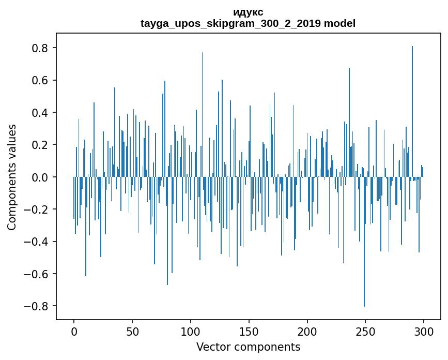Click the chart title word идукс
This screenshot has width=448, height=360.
click(248, 12)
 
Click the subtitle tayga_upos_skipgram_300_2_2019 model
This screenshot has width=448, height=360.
click(248, 23)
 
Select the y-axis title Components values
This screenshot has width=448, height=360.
click(12, 177)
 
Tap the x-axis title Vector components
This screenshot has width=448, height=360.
click(248, 347)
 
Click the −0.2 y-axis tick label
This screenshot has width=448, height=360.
click(38, 209)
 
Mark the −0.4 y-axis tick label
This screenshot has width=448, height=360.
click(38, 242)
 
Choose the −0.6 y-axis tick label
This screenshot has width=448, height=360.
click(38, 274)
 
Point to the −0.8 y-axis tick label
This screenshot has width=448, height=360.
click(38, 306)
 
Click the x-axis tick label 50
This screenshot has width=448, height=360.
click(132, 331)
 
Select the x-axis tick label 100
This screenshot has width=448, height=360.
click(191, 331)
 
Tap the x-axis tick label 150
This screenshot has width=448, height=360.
click(249, 331)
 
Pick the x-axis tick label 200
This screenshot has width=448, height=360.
click(307, 331)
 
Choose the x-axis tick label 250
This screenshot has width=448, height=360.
click(365, 331)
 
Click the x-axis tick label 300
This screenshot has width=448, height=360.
click(424, 331)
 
